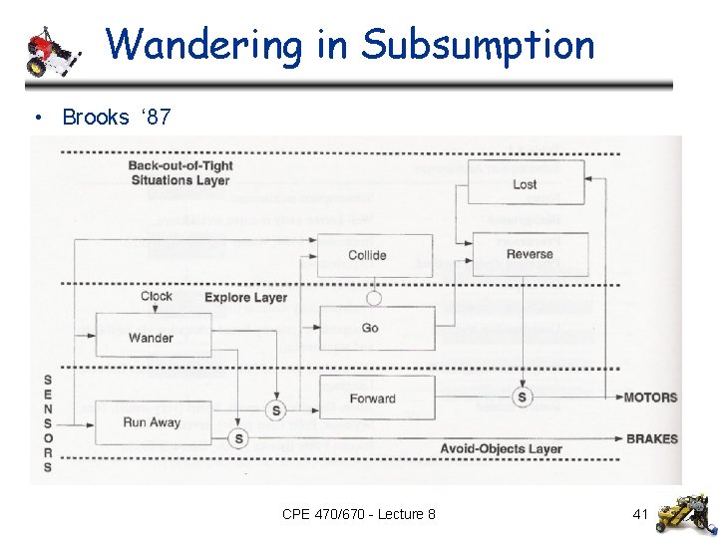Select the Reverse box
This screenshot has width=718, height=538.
coord(529,254)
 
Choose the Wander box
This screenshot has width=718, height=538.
coord(152,337)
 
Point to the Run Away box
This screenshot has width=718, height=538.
coord(152,421)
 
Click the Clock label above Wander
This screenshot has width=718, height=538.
coord(156,296)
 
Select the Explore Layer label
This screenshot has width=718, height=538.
coord(245,297)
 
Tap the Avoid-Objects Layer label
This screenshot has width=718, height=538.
coord(501,449)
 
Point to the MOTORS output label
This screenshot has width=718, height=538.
coord(650,398)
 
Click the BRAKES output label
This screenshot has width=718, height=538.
coord(651,438)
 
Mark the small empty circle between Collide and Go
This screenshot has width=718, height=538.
coord(374,297)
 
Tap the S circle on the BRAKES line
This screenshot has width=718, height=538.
coord(237,438)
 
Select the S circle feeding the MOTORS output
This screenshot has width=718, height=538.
coord(523,398)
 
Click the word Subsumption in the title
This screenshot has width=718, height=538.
coord(478,45)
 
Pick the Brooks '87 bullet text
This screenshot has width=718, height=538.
coord(116,118)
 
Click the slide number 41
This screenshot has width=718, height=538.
coord(640,514)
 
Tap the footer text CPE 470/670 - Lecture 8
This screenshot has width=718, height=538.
coord(358,514)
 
